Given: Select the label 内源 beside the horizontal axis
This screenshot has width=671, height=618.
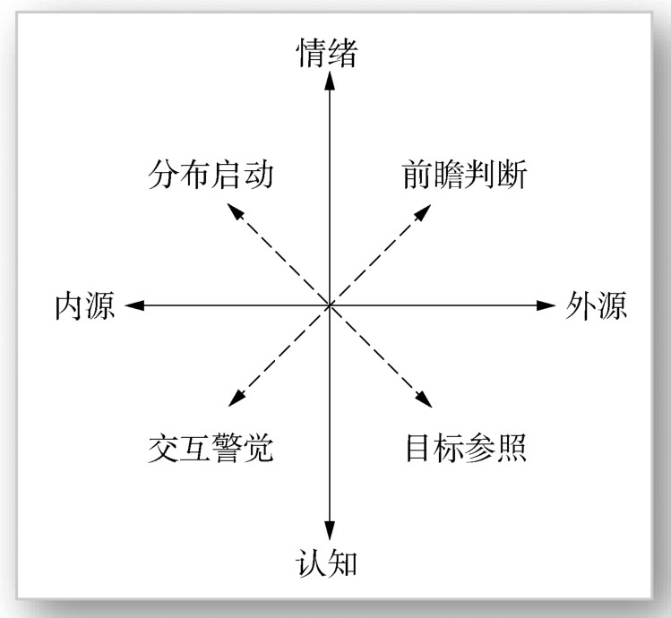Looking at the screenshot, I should coord(85,306).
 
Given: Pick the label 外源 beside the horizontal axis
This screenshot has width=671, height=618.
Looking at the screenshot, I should coord(597,305).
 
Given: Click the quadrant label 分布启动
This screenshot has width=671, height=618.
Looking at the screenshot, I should coord(210,174).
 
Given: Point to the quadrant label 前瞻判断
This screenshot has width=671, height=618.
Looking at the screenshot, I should coord(465,174).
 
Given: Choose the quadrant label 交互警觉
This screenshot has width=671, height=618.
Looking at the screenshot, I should coord(210,447).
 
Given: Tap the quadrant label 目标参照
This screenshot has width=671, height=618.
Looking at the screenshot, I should coord(465,447).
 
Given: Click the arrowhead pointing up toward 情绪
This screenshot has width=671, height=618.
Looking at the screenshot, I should coord(330,81).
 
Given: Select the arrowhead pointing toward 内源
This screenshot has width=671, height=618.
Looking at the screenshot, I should coord(134,305).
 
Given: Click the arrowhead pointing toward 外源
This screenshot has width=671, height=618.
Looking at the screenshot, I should coord(546,305).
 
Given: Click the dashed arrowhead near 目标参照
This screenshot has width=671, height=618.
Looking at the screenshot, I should coord(424,400).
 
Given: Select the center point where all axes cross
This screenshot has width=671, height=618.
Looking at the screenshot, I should coord(330,305).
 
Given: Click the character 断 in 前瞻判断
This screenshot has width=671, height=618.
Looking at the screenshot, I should coord(512,174).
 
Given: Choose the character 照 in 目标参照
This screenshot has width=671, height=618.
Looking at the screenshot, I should coord(512,447).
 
